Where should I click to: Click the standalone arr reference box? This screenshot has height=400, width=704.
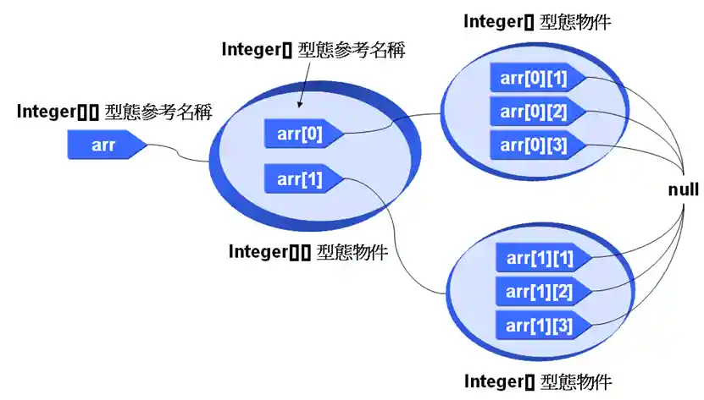pos(104,145)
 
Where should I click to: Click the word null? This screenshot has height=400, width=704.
pos(683,190)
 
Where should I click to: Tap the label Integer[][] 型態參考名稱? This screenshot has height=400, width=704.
pos(114,111)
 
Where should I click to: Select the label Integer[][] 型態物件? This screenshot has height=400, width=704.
pos(308,251)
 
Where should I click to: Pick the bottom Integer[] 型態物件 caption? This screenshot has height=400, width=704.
pos(537,381)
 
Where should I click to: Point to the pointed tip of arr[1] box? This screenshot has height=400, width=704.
pos(344,178)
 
